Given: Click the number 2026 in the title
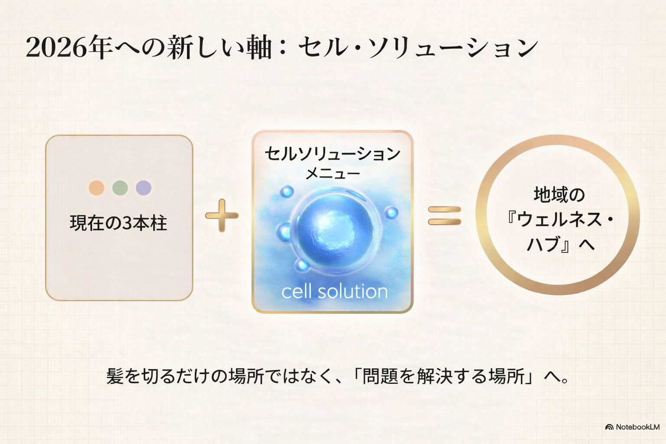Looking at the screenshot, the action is tap(56, 48).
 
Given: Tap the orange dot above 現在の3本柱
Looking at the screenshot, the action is tap(96, 188).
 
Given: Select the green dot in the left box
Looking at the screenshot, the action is tap(120, 188).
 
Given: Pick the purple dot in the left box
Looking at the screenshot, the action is tap(144, 188).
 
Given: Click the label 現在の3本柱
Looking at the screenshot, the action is tap(118, 223).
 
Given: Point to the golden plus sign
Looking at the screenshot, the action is tap(222, 215).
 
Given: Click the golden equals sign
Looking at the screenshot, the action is tap(444, 215).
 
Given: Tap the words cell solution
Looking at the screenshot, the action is tap(334, 291).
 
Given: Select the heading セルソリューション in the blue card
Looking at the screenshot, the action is tap(332, 154).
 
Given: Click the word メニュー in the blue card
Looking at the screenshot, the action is tap(333, 174).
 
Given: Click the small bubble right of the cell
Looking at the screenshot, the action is tap(391, 212).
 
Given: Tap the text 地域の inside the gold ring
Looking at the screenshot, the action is tap(559, 195).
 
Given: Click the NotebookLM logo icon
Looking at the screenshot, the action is tap(609, 427).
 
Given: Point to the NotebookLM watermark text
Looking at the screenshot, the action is tap(637, 427).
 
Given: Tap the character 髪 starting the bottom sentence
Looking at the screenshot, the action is tap(115, 376).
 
